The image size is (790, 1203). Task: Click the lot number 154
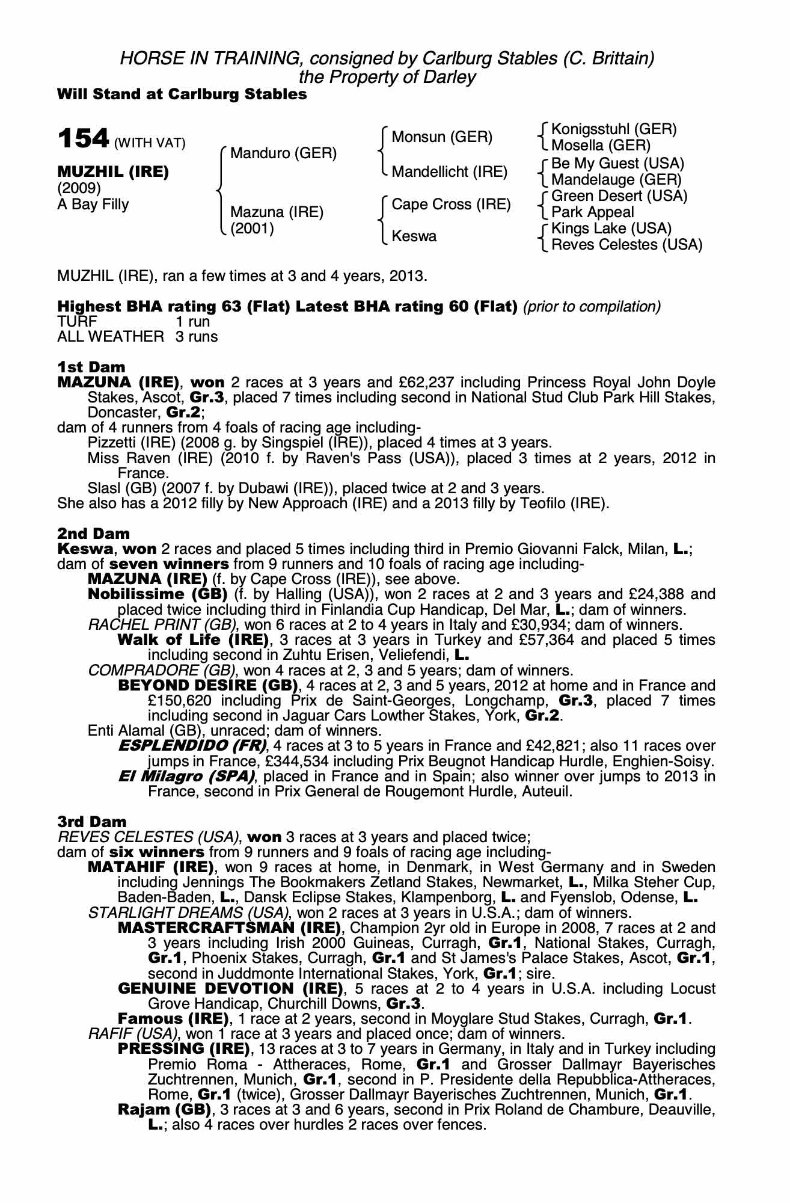pos(82,139)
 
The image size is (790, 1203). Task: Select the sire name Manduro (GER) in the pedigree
pos(283,153)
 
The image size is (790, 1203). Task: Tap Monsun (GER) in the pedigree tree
pos(441,137)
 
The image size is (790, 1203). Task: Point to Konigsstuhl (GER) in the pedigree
pos(614,129)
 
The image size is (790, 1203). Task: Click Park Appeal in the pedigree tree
pos(592,212)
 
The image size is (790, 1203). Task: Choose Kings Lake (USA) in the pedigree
pos(611,229)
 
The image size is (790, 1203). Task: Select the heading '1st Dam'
pos(91,367)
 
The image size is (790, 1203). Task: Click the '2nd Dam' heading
pos(93,534)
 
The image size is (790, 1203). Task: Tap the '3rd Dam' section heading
pos(92,822)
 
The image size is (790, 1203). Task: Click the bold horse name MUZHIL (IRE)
pos(113,172)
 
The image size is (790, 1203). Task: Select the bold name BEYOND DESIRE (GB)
pos(208,686)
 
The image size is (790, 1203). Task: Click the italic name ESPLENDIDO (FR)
pos(192,746)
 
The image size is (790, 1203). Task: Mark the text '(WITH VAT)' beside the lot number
pos(149,143)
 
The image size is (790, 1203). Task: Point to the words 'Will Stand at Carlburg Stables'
pos(182,94)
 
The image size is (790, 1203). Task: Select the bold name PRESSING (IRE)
pos(183,1049)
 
